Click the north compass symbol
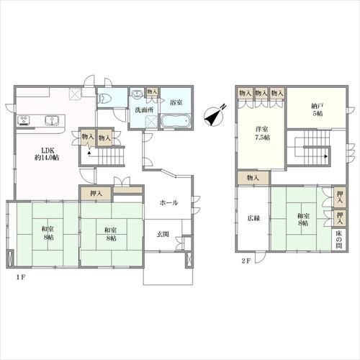pos(215,116)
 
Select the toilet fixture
pos(103,99)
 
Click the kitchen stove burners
pos(24,120)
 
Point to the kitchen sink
pos(52,120)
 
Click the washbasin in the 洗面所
pos(138,93)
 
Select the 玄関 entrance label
pos(163,234)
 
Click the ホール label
pos(169,203)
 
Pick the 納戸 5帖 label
pos(317,110)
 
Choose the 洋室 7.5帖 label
pos(262,133)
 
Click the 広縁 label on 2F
pos(253,219)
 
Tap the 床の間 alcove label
pos(339,239)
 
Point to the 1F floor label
pos(21,277)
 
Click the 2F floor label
pos(246,261)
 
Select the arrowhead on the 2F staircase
pos(326,156)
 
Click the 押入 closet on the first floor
pos(96,193)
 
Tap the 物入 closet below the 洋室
pos(253,178)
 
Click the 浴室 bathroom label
pos(176,102)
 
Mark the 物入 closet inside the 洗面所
pos(152,92)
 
